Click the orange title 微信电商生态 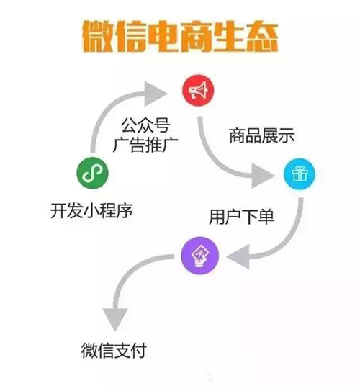181,37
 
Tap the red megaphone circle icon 198,90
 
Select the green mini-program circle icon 93,173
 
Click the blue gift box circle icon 300,174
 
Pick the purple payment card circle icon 199,256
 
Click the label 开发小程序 91,211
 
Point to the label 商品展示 262,135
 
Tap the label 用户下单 241,217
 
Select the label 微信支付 114,350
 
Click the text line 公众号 145,125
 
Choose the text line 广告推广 145,145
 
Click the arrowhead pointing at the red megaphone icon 156,94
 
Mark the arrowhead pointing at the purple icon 238,257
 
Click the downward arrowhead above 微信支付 115,320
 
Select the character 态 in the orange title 263,37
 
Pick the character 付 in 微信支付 138,350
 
